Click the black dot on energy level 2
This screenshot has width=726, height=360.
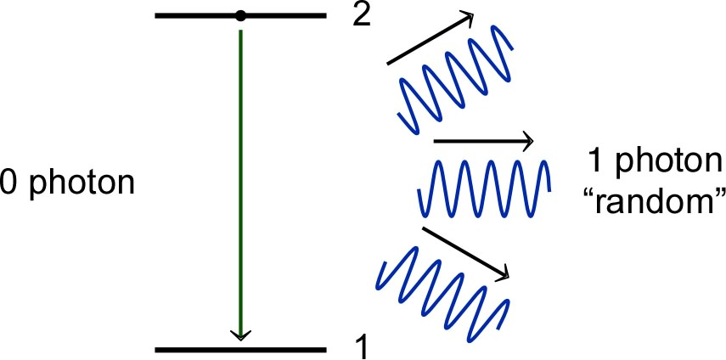[241, 15]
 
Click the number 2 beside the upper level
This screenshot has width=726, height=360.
[362, 15]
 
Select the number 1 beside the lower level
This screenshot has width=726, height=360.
[361, 346]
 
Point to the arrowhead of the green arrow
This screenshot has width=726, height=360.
[241, 334]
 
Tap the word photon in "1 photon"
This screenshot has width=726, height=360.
[671, 161]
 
